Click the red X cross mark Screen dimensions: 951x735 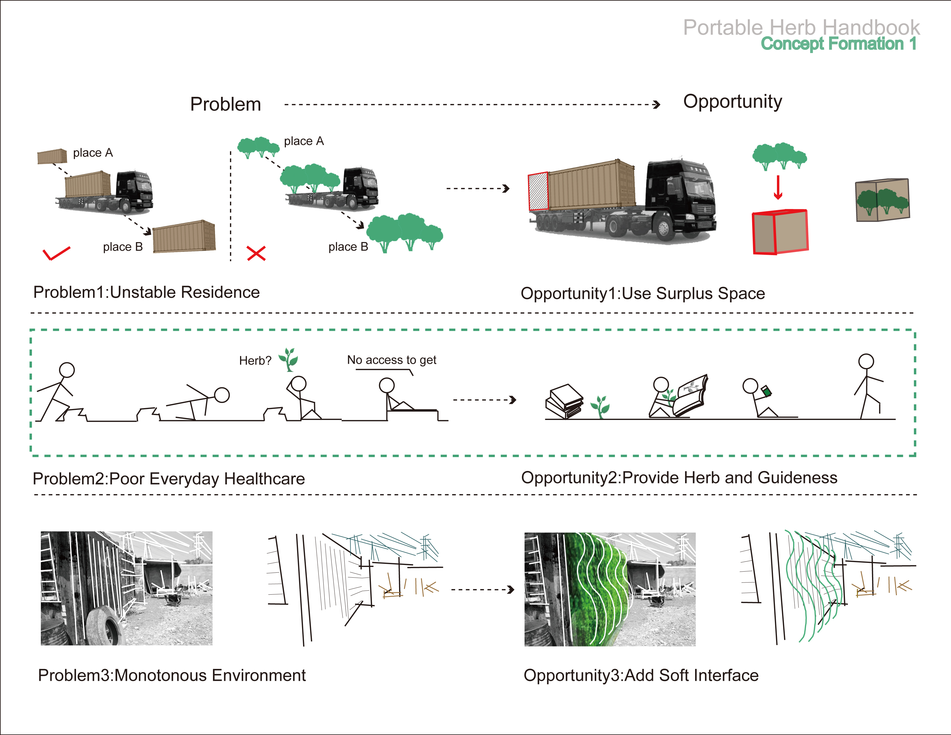pos(256,253)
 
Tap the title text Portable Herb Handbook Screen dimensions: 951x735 pos(801,27)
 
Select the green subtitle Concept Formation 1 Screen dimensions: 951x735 pos(839,44)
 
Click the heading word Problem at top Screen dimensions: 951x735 pos(226,105)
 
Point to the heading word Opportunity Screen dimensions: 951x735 pos(732,102)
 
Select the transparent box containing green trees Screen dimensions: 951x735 pos(882,200)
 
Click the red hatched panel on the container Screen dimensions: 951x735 pos(538,192)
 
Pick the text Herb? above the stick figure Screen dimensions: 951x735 pos(255,361)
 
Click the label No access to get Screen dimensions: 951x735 pos(391,360)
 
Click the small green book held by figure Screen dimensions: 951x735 pos(766,391)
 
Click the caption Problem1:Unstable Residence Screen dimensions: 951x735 pos(146,292)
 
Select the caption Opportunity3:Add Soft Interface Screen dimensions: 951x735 pos(641,675)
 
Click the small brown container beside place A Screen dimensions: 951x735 pos(52,156)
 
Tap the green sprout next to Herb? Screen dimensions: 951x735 pos(289,359)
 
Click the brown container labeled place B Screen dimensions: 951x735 pos(184,236)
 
